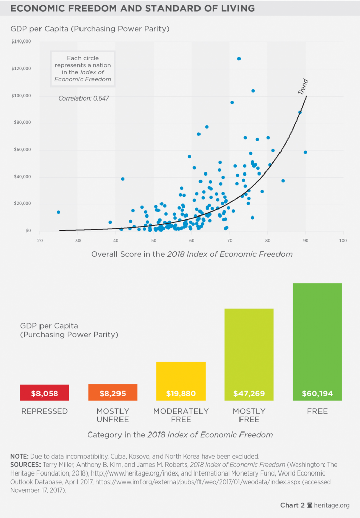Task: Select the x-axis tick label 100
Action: coord(343,240)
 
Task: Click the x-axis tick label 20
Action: coord(40,240)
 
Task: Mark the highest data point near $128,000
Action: coord(239,59)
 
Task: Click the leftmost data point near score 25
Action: coord(58,212)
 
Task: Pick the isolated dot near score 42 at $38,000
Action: coord(123,179)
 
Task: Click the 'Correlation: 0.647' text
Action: coord(84,98)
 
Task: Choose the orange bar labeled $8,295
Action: coord(112,393)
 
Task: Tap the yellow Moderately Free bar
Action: coord(181,377)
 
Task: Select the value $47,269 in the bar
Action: coord(249,393)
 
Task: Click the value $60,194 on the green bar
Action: coord(317,393)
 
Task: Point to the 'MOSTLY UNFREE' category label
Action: coord(112,415)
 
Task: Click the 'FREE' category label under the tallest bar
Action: coord(317,411)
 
